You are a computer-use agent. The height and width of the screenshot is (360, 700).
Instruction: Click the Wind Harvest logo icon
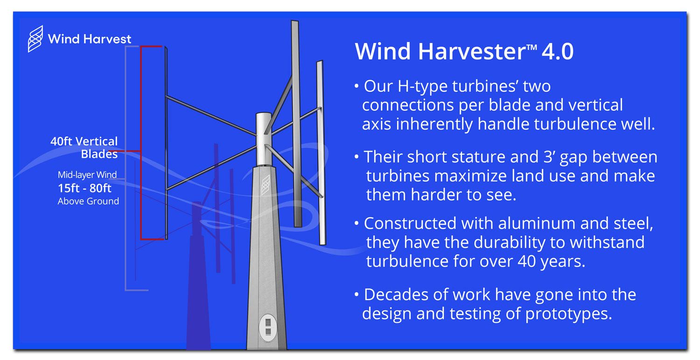point(35,39)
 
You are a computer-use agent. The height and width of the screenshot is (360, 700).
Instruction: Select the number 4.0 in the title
point(558,51)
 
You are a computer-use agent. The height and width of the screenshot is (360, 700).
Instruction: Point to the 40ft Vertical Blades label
point(84,148)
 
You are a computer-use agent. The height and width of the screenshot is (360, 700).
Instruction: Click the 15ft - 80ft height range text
point(84,188)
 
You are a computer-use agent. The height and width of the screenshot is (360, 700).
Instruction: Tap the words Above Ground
point(88,201)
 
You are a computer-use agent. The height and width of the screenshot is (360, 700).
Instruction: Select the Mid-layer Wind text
point(87,175)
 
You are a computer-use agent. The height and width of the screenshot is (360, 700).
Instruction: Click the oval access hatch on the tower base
point(268,327)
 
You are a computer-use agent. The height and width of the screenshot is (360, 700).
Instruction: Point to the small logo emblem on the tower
point(266,185)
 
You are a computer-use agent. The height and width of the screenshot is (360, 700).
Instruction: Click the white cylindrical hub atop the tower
point(264,139)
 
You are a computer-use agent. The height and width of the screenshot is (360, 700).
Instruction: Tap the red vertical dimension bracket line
point(141,143)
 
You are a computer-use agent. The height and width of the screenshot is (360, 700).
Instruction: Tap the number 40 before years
point(527,261)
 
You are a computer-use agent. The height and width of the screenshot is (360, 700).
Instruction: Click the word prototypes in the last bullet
point(568,314)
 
